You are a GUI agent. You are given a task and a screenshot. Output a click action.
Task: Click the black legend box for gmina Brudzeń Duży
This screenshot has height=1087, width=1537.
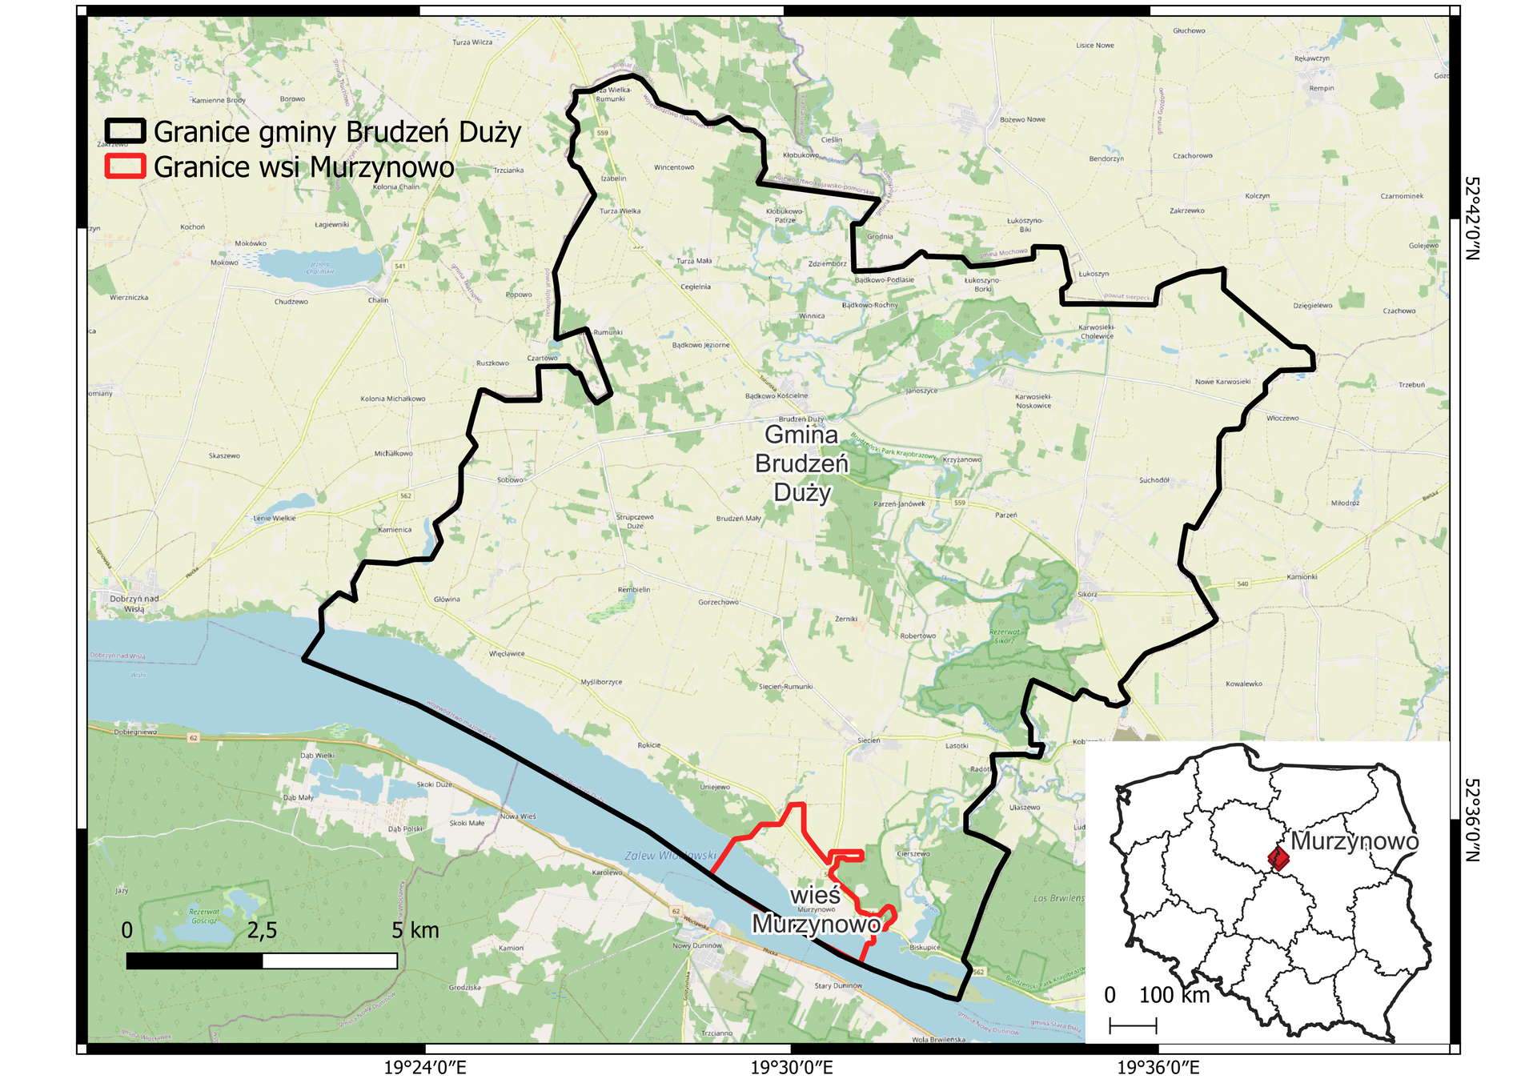coord(125,130)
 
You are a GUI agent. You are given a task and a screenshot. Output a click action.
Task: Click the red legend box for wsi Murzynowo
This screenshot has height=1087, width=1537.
coord(125,166)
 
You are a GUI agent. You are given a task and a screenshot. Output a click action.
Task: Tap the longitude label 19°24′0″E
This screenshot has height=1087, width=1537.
coord(424,1067)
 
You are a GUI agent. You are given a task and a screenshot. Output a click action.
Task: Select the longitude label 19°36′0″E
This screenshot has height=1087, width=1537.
coord(1158,1067)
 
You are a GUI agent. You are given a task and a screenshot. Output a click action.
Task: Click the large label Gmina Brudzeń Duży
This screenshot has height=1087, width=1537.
coord(801,463)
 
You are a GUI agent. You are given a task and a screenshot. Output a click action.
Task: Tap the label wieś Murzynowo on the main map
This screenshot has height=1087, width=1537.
coord(816,911)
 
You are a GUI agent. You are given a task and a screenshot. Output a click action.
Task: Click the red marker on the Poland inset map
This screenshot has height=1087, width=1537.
coord(1278,859)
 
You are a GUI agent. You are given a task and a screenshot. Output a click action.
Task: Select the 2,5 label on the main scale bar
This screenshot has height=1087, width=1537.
coord(262,930)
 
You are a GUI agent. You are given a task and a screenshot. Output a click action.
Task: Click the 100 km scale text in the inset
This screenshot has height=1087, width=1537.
coord(1174,995)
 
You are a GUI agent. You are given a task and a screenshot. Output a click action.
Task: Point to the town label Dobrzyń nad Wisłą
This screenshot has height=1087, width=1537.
coord(134,604)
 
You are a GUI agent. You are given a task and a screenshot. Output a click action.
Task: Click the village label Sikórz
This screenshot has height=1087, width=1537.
coord(1087,595)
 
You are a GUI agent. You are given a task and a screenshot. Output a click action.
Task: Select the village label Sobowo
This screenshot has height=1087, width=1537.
coord(510,480)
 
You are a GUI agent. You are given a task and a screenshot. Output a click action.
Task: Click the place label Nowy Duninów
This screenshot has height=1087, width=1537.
coord(697,945)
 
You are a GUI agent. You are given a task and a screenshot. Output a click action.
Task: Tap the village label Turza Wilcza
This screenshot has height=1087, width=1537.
coord(472,42)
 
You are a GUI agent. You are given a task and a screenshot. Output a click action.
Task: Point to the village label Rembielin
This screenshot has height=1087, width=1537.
coord(634,590)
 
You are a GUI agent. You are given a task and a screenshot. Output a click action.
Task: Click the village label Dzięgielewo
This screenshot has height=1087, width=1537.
coord(1313,305)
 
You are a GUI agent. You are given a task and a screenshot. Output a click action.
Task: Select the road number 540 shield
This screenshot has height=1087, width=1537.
coord(1242,584)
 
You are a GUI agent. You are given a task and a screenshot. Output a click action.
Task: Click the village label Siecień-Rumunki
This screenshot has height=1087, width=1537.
coord(785,687)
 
